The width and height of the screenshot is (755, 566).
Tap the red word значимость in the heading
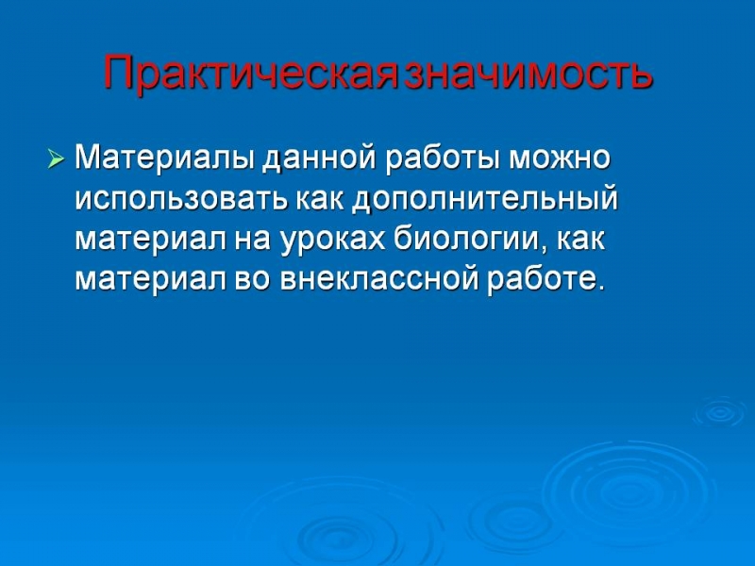[528, 73]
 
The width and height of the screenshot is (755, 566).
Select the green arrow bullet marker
[56, 158]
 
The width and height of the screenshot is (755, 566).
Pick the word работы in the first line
[443, 158]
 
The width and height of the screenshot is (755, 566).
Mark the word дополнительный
[485, 199]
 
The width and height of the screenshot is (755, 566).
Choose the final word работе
[541, 279]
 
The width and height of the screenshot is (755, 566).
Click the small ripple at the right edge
[721, 412]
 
